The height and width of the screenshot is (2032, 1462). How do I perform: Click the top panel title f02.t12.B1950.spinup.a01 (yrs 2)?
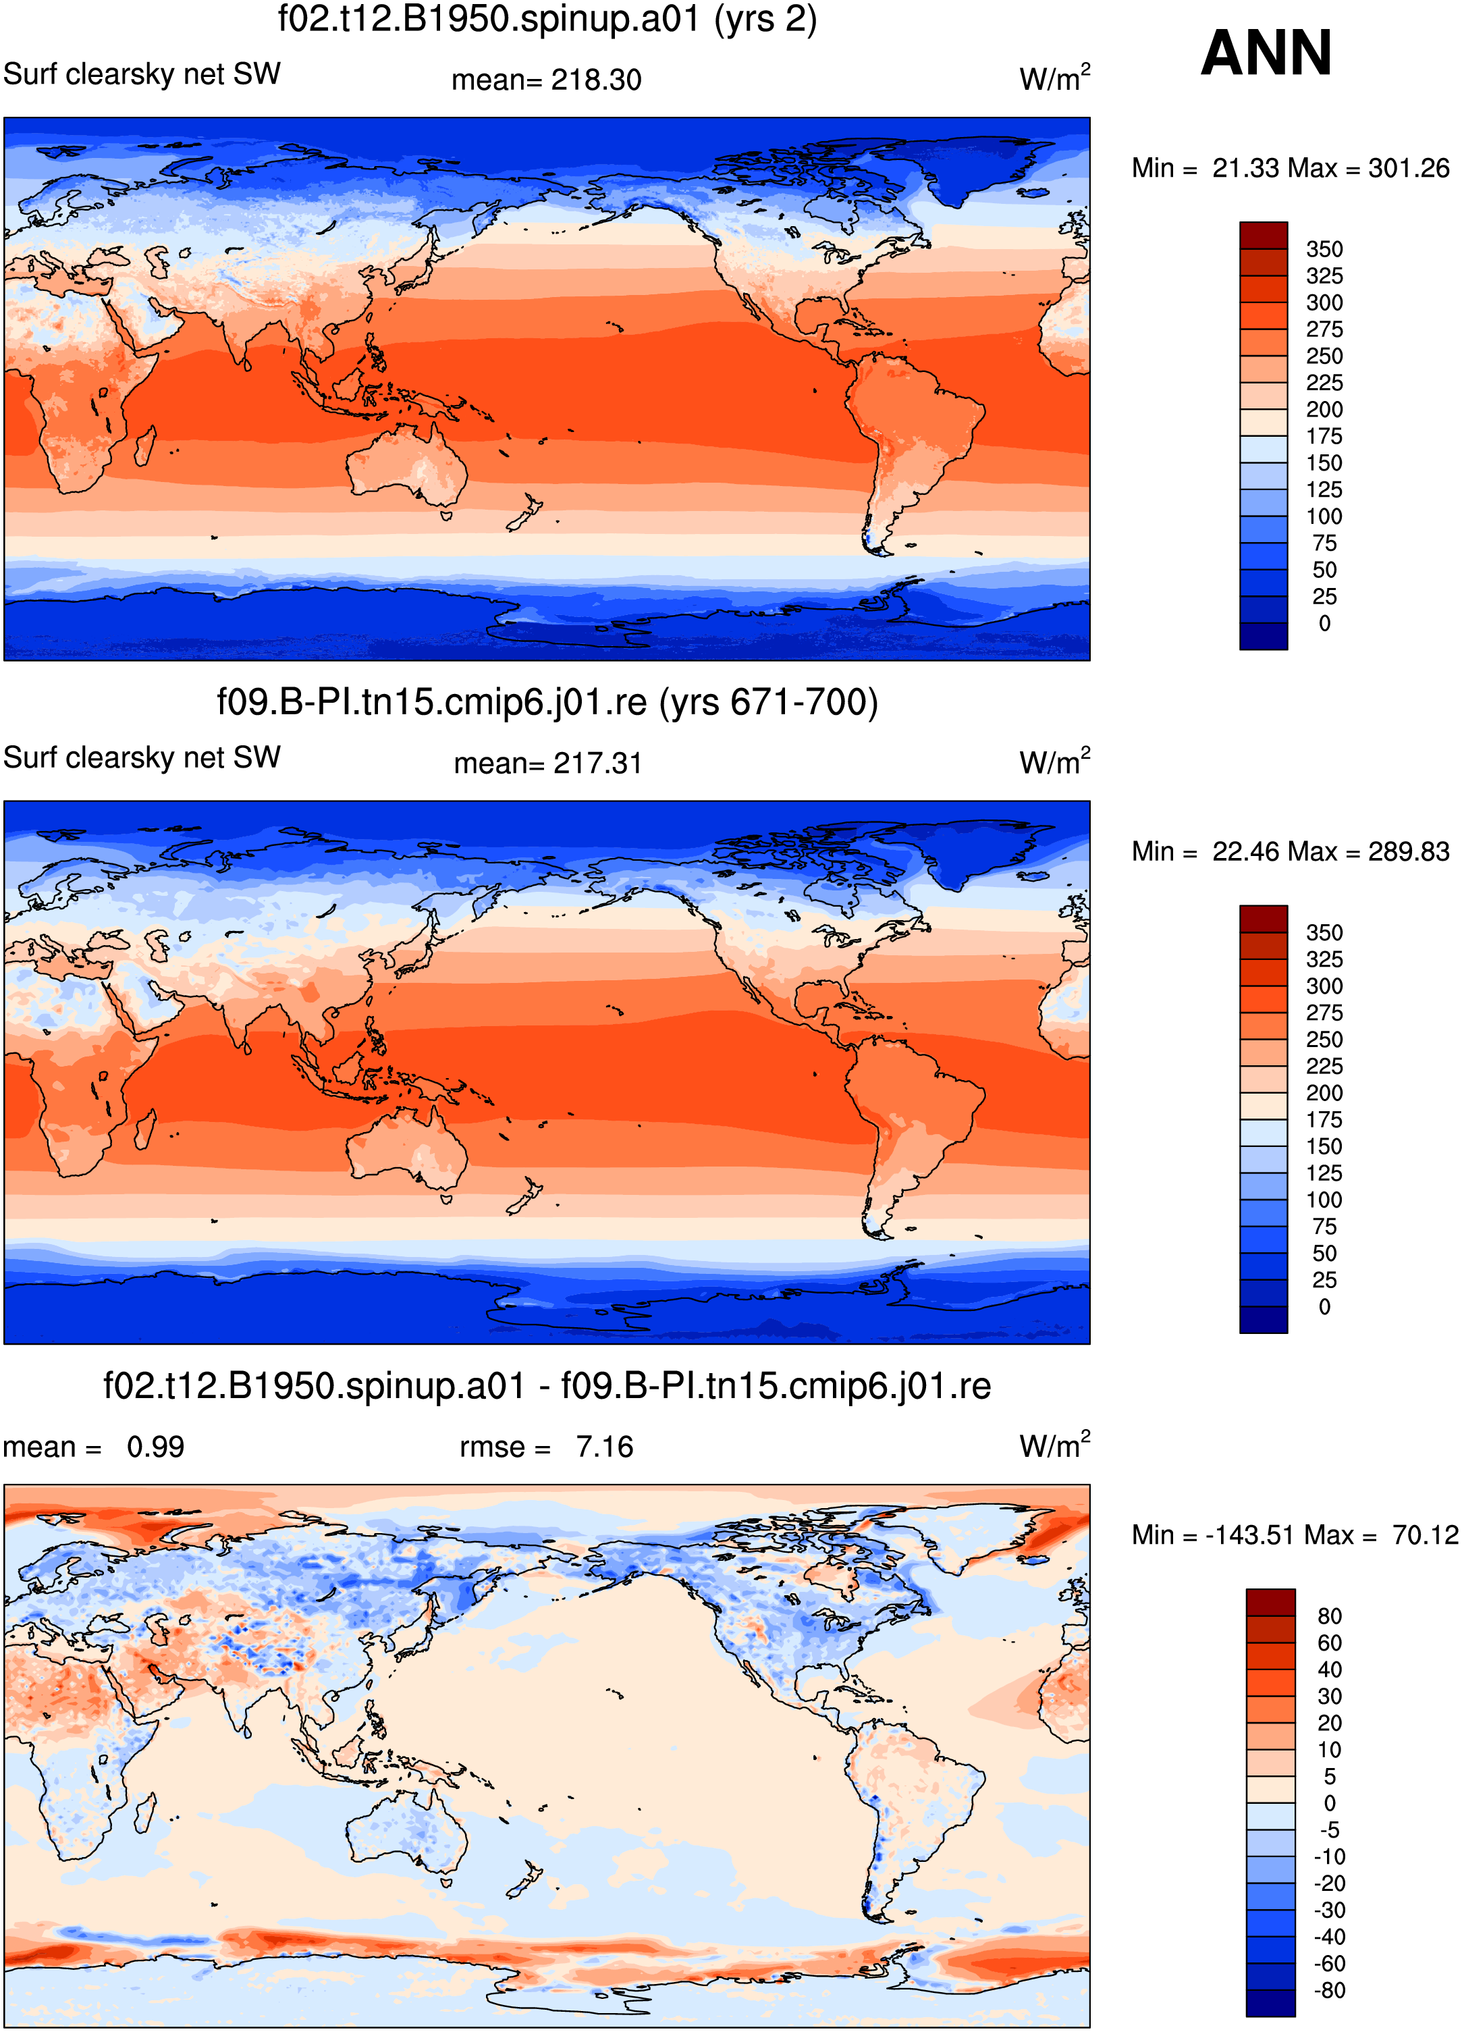click(547, 19)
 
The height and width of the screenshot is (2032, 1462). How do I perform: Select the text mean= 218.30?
click(547, 80)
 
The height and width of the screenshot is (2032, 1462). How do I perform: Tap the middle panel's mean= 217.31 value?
click(547, 764)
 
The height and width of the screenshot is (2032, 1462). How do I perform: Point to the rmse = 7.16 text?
click(547, 1447)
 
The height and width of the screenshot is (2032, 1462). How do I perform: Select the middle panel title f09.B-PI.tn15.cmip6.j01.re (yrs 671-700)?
click(547, 702)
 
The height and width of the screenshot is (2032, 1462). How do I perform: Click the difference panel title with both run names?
click(547, 1386)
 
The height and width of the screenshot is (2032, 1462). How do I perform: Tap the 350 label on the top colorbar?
click(1324, 249)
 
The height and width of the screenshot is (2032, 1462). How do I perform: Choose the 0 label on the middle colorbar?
click(1324, 1307)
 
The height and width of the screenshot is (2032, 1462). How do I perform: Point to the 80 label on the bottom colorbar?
click(1330, 1616)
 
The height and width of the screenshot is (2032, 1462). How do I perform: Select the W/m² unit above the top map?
click(1054, 77)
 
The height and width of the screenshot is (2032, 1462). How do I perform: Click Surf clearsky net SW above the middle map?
click(142, 757)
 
